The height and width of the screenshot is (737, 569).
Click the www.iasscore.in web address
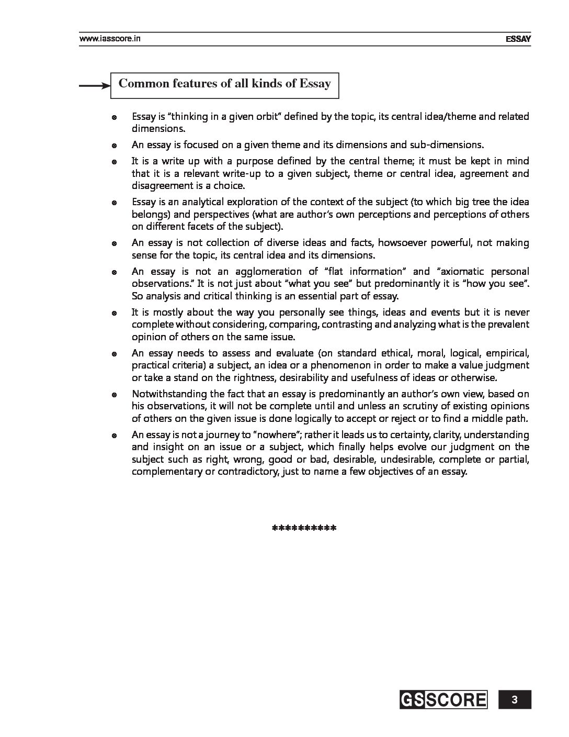(x=110, y=38)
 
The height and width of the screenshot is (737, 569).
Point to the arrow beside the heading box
(x=94, y=86)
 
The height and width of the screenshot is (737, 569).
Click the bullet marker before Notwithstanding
(x=113, y=395)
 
